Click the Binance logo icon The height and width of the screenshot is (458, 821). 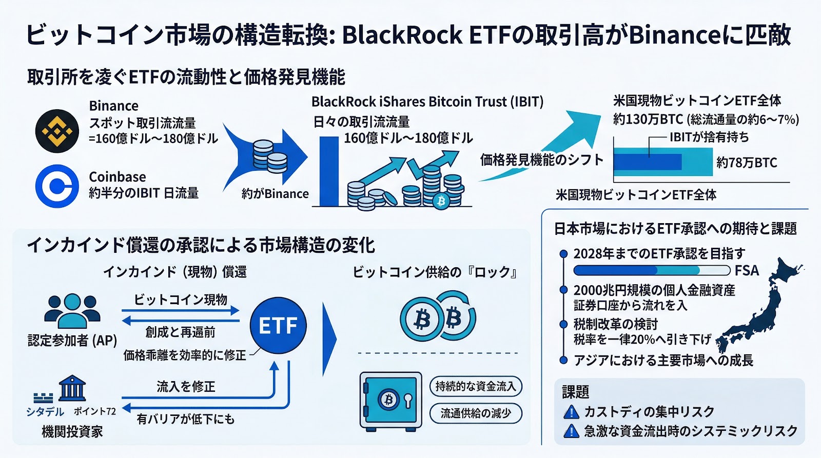pyautogui.click(x=57, y=131)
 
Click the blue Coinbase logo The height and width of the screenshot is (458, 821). pyautogui.click(x=57, y=186)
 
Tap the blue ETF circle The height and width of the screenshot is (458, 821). pyautogui.click(x=278, y=326)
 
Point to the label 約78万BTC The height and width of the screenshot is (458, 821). pyautogui.click(x=747, y=163)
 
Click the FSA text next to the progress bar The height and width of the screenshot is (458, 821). pyautogui.click(x=747, y=270)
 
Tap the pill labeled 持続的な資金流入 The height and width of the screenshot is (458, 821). pyautogui.click(x=475, y=386)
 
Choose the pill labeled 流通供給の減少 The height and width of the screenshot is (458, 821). pyautogui.click(x=475, y=413)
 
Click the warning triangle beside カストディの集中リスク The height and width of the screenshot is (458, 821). pyautogui.click(x=571, y=412)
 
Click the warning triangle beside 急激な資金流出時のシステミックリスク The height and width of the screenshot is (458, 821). pyautogui.click(x=571, y=431)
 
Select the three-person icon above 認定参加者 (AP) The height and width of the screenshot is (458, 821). pyautogui.click(x=72, y=310)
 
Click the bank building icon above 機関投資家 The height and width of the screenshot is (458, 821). pyautogui.click(x=72, y=388)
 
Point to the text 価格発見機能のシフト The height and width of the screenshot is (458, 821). pyautogui.click(x=541, y=160)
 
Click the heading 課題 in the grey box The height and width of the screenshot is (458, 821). pyautogui.click(x=575, y=392)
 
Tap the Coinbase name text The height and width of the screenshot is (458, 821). pyautogui.click(x=118, y=177)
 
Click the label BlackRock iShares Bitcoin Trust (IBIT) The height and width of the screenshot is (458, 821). pyautogui.click(x=427, y=102)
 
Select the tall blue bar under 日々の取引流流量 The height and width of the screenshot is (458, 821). pyautogui.click(x=329, y=171)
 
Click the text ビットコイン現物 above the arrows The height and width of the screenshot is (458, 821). pyautogui.click(x=181, y=300)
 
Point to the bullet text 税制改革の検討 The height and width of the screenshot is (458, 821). pyautogui.click(x=615, y=324)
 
